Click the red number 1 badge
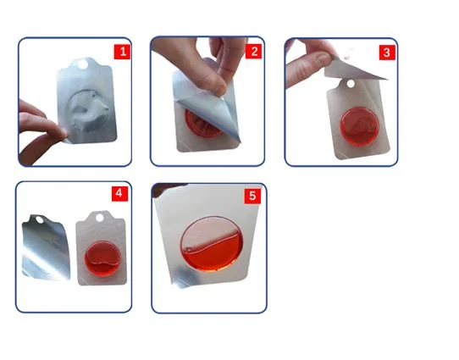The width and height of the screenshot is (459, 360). point(122,53)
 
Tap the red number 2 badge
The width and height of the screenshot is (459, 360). point(254,52)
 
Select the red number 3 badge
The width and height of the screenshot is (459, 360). point(387,53)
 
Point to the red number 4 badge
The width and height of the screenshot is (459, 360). point(119,193)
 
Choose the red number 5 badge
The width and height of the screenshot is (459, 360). point(252,196)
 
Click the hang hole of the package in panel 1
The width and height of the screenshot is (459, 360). point(82,64)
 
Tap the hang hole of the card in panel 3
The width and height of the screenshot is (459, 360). point(350,85)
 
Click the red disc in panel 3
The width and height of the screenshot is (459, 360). point(360,126)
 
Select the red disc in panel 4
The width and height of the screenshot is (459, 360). point(102,258)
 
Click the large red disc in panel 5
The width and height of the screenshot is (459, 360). point(212,244)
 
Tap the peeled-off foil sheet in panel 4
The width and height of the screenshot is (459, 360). point(46,247)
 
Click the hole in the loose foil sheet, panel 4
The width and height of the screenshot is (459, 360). point(39,219)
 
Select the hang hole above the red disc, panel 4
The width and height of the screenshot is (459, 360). point(100,218)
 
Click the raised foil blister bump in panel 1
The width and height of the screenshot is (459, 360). point(88,110)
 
